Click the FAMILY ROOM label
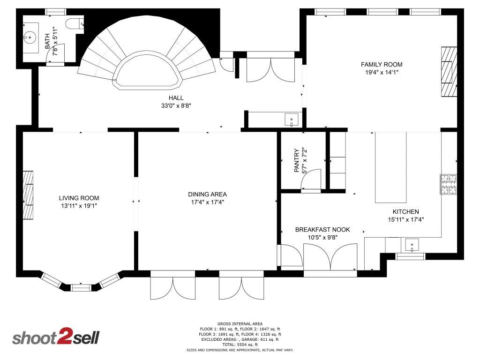tap(381, 65)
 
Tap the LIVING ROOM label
tap(79, 198)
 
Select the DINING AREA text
tap(207, 195)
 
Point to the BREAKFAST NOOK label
tap(322, 230)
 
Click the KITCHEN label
tap(405, 212)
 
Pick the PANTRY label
tap(296, 161)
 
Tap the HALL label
tap(176, 97)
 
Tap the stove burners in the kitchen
tap(448, 184)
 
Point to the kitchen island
tap(390, 167)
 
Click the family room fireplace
tap(449, 72)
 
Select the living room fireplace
tap(28, 195)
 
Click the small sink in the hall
tap(291, 120)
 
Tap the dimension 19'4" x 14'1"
tap(381, 73)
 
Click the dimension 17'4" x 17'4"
tap(207, 202)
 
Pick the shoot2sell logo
tap(55, 337)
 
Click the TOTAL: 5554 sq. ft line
tap(240, 345)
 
